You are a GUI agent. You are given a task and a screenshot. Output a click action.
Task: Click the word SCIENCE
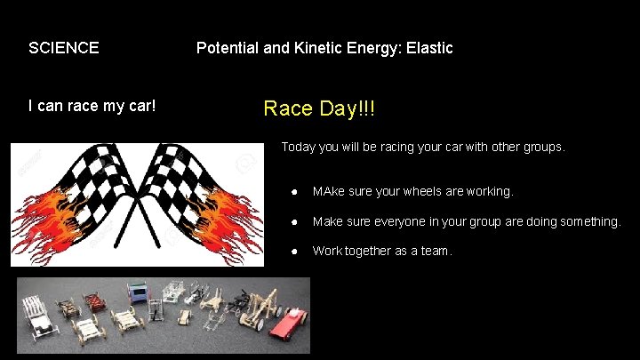tap(63, 48)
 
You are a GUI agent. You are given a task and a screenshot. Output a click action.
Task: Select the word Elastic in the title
tap(430, 48)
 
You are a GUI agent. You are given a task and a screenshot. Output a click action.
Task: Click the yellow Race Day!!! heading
tap(319, 109)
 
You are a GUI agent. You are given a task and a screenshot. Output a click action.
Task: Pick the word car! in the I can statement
tap(140, 106)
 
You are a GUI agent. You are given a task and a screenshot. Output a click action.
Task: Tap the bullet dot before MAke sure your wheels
tap(294, 191)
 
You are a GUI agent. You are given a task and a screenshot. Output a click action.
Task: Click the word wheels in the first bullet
tap(420, 191)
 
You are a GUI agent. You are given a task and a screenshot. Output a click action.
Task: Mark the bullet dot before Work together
tap(294, 252)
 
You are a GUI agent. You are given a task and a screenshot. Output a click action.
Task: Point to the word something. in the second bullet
tap(586, 221)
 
